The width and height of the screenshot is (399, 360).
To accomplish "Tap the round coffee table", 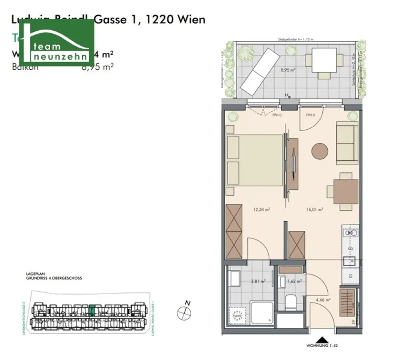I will coord(320,151).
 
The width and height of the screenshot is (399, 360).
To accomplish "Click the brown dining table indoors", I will coord(345,192).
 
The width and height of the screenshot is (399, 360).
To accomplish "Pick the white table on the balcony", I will coord(324,60).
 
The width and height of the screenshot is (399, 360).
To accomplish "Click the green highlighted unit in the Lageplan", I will coord(92,310).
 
